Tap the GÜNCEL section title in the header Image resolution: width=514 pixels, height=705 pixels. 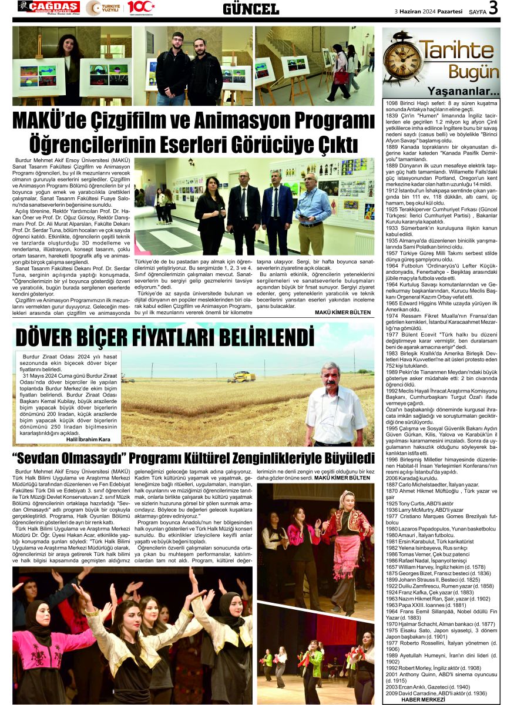pyautogui.click(x=251, y=9)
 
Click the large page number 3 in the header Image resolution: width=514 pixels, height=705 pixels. pyautogui.click(x=493, y=8)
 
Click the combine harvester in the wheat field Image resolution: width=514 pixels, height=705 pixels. pyautogui.click(x=241, y=377)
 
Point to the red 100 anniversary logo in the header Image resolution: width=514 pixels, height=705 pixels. pyautogui.click(x=142, y=8)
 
